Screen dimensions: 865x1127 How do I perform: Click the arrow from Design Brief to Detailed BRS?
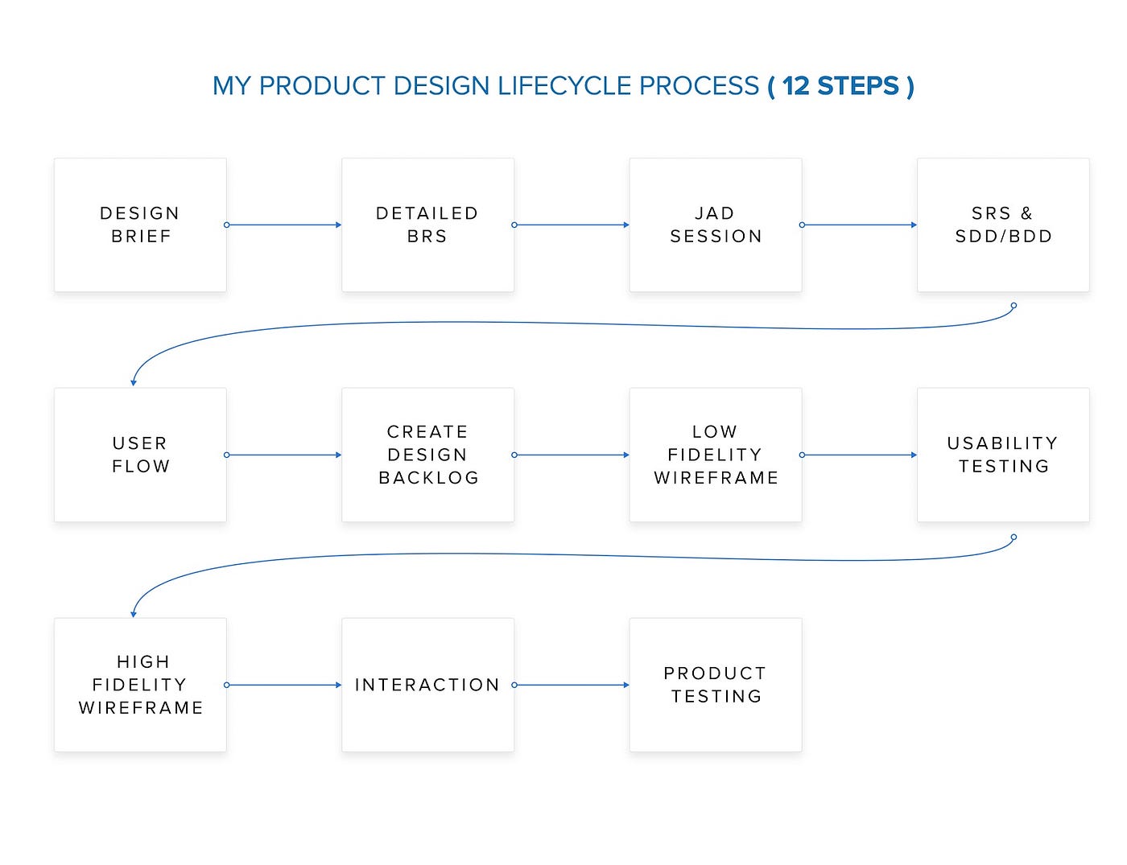tap(284, 224)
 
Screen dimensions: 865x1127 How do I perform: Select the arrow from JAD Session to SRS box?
tap(859, 224)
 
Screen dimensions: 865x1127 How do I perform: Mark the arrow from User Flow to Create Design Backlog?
tap(284, 455)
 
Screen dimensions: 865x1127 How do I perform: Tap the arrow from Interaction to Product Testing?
tap(572, 685)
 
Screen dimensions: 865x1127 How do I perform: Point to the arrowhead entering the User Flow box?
tap(133, 382)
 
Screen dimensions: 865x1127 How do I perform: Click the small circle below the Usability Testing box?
tap(1013, 537)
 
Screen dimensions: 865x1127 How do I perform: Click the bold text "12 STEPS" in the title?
tap(840, 86)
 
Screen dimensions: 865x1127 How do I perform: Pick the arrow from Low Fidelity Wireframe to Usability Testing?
tap(859, 455)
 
